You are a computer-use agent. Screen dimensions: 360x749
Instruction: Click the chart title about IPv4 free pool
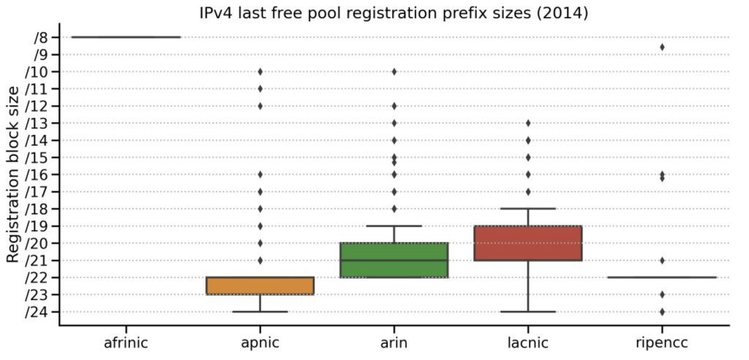pos(394,12)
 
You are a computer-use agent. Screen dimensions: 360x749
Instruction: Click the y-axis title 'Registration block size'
pos(12,174)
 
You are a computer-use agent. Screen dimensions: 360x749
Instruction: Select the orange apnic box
pos(260,285)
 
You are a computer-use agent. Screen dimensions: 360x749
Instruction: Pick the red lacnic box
pos(527,243)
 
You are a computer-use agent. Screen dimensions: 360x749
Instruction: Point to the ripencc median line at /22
pos(662,277)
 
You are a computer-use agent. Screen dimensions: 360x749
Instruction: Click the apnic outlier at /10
pos(260,71)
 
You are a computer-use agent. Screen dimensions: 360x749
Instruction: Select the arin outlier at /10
pos(394,71)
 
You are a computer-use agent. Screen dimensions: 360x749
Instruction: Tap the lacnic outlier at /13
pos(528,123)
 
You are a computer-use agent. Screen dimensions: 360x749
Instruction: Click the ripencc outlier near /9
pos(662,47)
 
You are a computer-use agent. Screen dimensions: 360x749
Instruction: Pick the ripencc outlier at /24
pos(662,312)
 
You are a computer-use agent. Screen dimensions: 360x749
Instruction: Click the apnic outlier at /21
pos(260,260)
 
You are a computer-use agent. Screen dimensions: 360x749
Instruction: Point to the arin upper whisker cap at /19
pos(394,226)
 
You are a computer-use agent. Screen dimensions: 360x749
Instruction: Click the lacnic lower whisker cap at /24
pos(528,312)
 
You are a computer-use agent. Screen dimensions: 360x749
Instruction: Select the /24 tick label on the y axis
pos(37,312)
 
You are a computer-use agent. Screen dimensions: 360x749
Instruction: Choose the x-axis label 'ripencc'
pos(662,342)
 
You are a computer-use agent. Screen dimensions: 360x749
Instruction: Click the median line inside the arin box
pos(394,260)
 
